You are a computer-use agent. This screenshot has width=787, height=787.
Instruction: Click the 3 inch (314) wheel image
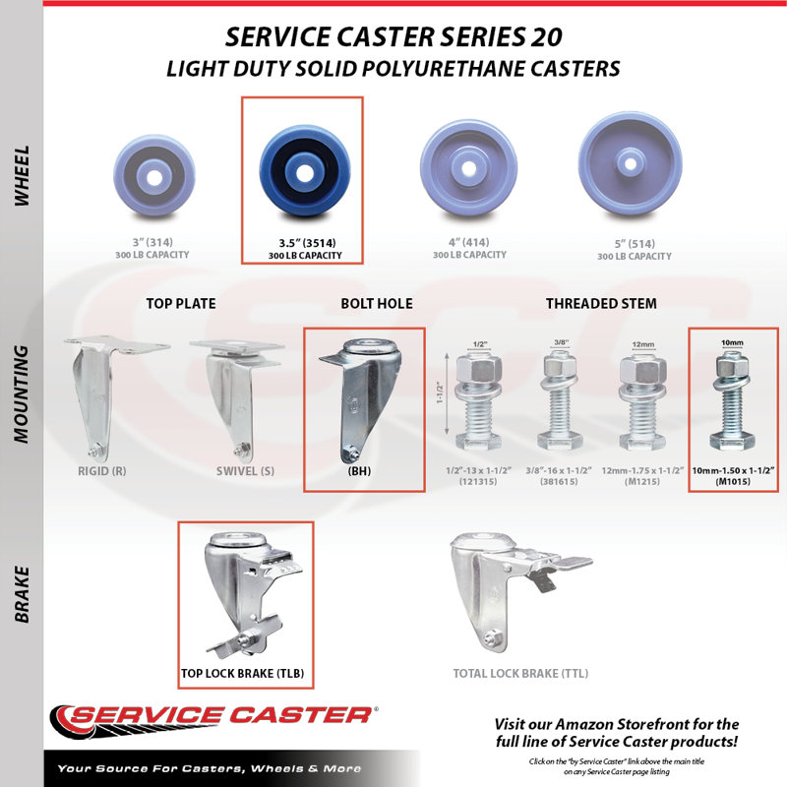point(154,175)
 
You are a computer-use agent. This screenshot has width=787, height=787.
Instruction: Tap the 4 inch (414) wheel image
point(469,168)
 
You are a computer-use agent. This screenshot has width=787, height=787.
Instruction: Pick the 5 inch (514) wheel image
point(630,164)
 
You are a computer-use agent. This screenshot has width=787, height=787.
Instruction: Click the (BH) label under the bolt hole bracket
point(359,471)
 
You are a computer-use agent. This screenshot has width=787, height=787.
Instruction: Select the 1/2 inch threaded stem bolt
point(478,399)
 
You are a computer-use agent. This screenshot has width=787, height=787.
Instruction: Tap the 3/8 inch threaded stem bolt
point(560,399)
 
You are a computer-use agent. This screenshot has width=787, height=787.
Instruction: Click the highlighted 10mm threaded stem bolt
point(732,400)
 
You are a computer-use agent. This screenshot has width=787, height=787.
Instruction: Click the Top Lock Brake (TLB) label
point(242,673)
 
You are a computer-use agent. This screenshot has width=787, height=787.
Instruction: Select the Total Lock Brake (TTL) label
point(520,673)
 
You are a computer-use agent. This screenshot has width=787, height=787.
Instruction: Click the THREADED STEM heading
point(601,304)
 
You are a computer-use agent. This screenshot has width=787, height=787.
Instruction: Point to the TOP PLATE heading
point(181,304)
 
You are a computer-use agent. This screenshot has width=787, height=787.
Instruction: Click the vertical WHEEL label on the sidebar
point(22,176)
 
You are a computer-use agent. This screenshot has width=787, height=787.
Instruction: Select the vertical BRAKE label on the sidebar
point(22,595)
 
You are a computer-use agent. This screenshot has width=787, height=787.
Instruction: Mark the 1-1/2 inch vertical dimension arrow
point(447,393)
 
